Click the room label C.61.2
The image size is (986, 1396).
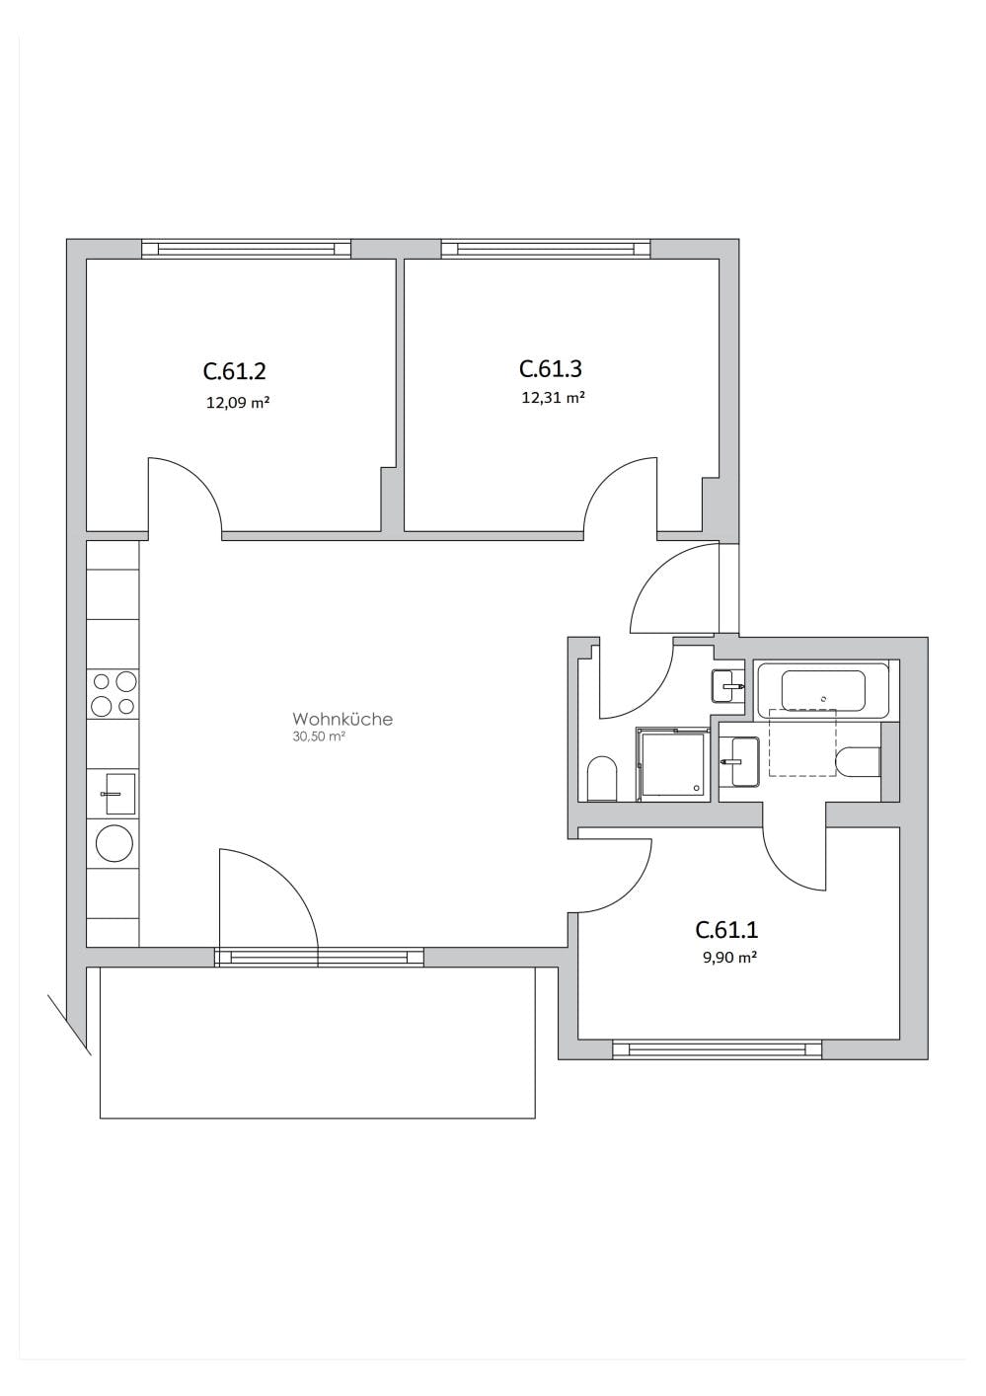click(x=235, y=371)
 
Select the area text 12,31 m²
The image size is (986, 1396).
click(x=553, y=398)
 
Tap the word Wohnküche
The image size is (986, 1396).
click(x=341, y=719)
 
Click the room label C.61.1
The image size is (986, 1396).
click(x=726, y=929)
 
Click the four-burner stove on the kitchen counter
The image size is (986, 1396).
click(x=114, y=693)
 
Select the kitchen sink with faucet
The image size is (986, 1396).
click(x=117, y=794)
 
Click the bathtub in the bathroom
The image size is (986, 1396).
click(x=823, y=690)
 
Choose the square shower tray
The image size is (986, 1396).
click(x=673, y=763)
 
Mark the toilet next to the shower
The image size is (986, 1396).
click(x=601, y=779)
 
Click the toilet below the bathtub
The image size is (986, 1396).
click(x=857, y=762)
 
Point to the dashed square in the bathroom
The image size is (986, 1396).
click(x=801, y=742)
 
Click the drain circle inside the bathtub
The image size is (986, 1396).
click(x=824, y=697)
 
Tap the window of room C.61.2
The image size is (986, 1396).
click(x=246, y=249)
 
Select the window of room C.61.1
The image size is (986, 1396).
click(x=717, y=1049)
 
